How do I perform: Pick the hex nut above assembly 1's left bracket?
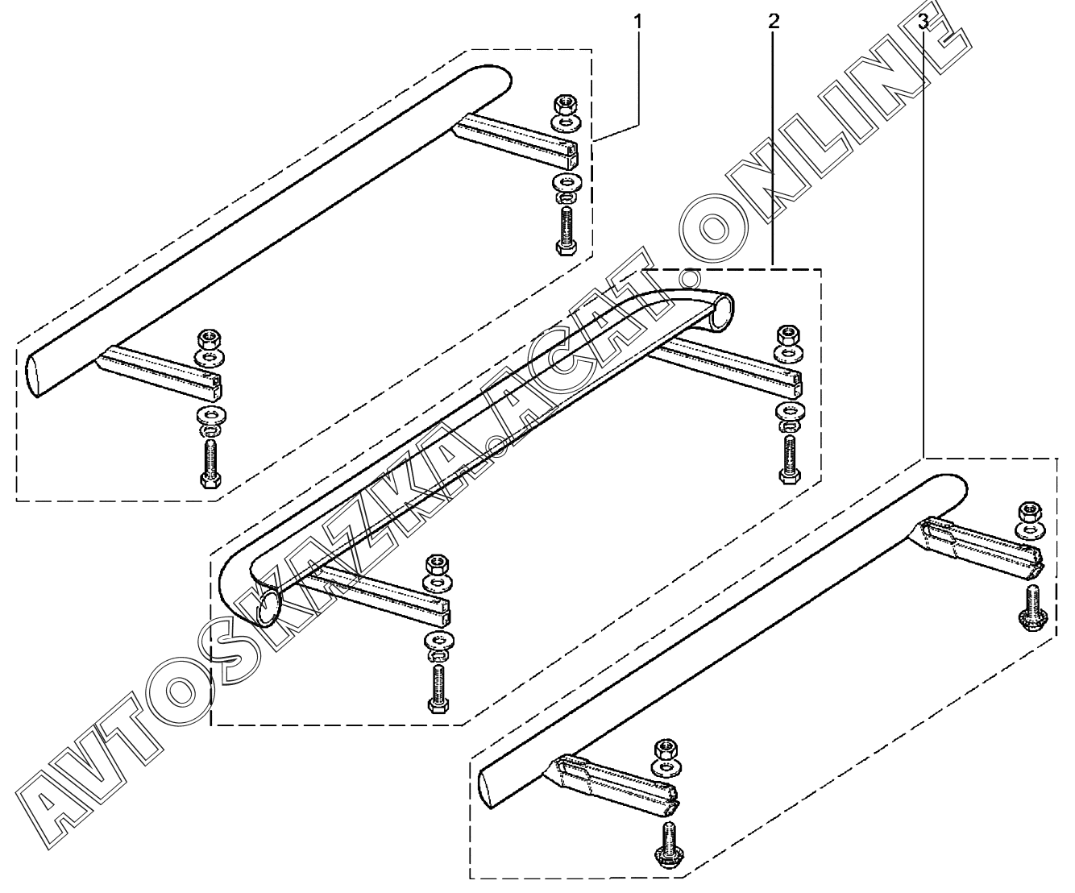point(207,339)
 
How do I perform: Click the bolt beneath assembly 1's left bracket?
point(210,464)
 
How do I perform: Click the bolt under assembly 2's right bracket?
point(787,459)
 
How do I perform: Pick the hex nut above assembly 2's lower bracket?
point(437,562)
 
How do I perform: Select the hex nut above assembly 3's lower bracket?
point(665,746)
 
